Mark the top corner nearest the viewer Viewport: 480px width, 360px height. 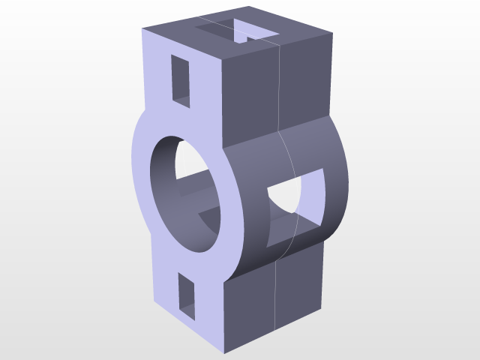(x=223, y=58)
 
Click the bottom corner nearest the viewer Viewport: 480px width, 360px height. (x=223, y=353)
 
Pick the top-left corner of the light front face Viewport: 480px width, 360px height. (x=143, y=29)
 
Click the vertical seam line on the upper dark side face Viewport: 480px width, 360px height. (x=280, y=82)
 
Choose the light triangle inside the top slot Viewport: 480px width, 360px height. (x=242, y=31)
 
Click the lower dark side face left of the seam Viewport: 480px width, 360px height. (x=251, y=307)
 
